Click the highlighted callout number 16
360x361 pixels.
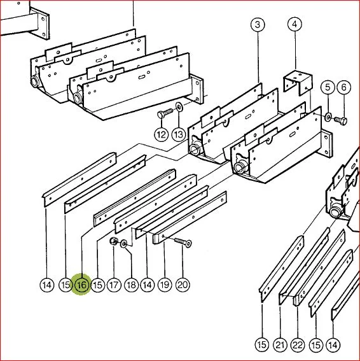coord(82,285)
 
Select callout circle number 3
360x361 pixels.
coord(258,24)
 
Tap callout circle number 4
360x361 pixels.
coord(294,24)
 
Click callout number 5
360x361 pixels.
coord(328,87)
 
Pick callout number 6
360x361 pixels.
coord(344,87)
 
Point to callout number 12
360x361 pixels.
coord(162,134)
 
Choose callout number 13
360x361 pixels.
coord(179,134)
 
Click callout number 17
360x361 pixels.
coord(114,285)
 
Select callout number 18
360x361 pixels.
coord(132,285)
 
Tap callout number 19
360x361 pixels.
coord(165,285)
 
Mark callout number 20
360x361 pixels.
coord(183,285)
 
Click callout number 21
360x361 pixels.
coord(280,345)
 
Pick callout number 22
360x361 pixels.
coord(298,345)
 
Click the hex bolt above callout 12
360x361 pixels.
coord(165,113)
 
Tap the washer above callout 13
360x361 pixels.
coord(179,106)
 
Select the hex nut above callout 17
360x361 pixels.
coord(114,241)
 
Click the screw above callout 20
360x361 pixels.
coord(183,243)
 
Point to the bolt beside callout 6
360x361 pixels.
coord(341,120)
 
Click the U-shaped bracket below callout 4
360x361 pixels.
coord(298,83)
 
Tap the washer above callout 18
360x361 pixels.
coord(123,244)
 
